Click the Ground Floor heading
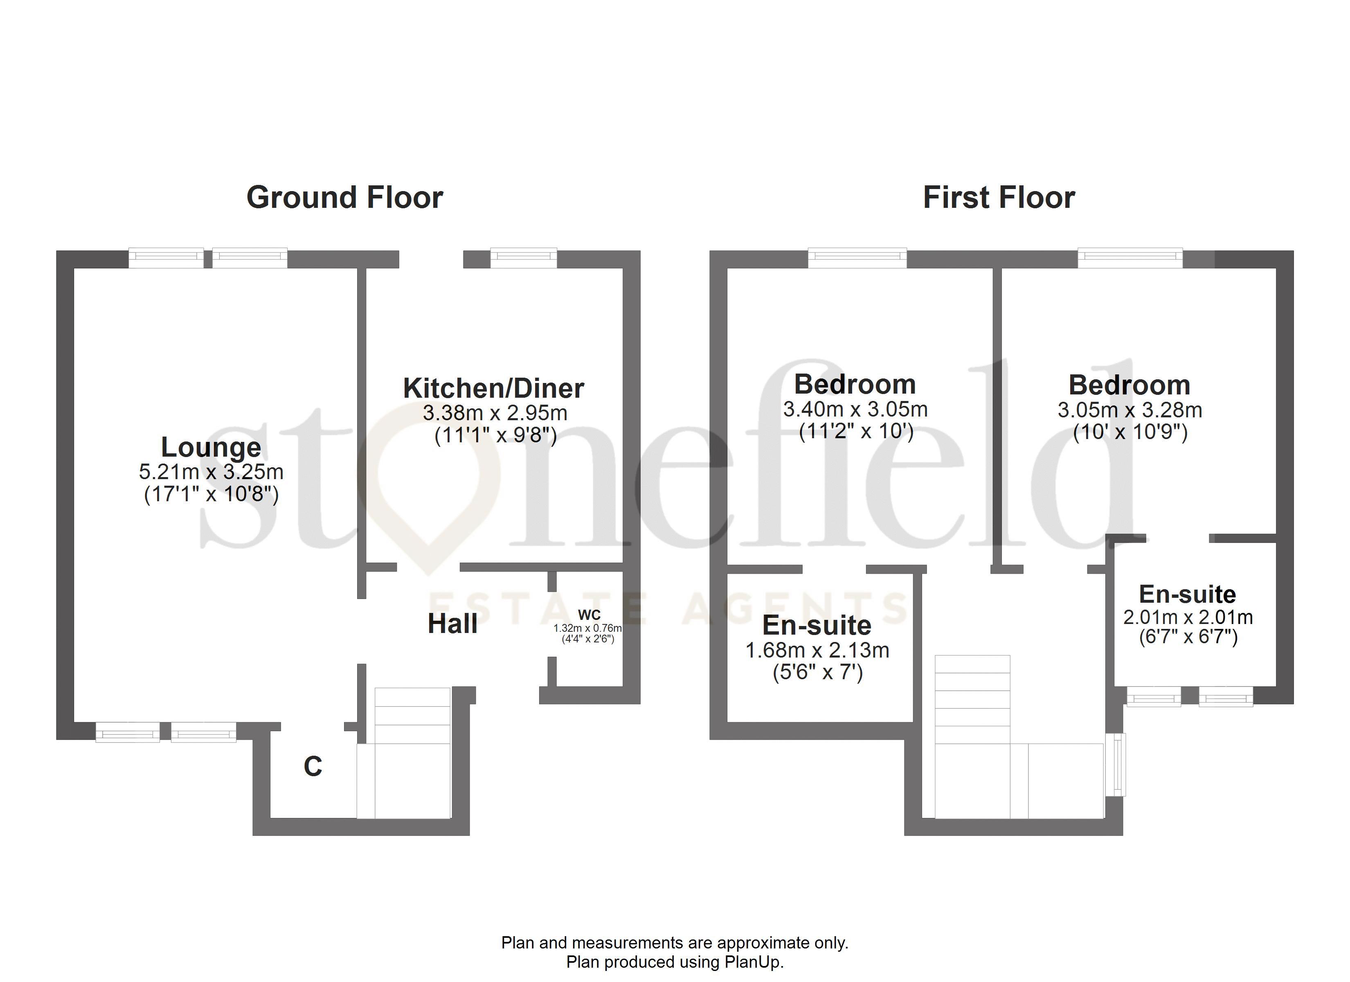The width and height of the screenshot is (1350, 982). [344, 198]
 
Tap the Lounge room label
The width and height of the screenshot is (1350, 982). [211, 447]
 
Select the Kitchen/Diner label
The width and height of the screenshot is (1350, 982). [493, 388]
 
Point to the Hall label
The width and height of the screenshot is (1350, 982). [452, 624]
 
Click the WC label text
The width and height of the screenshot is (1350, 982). [589, 615]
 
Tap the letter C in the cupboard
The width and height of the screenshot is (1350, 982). [313, 766]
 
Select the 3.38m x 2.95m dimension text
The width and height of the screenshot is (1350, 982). [495, 413]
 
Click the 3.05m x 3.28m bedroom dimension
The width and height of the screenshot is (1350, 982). [1129, 410]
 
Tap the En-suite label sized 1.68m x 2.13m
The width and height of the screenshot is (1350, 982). [817, 625]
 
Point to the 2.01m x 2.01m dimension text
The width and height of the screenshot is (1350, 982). [1188, 617]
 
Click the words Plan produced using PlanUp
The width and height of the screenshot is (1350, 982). [675, 962]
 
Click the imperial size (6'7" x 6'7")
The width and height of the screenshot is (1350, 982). [1188, 637]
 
